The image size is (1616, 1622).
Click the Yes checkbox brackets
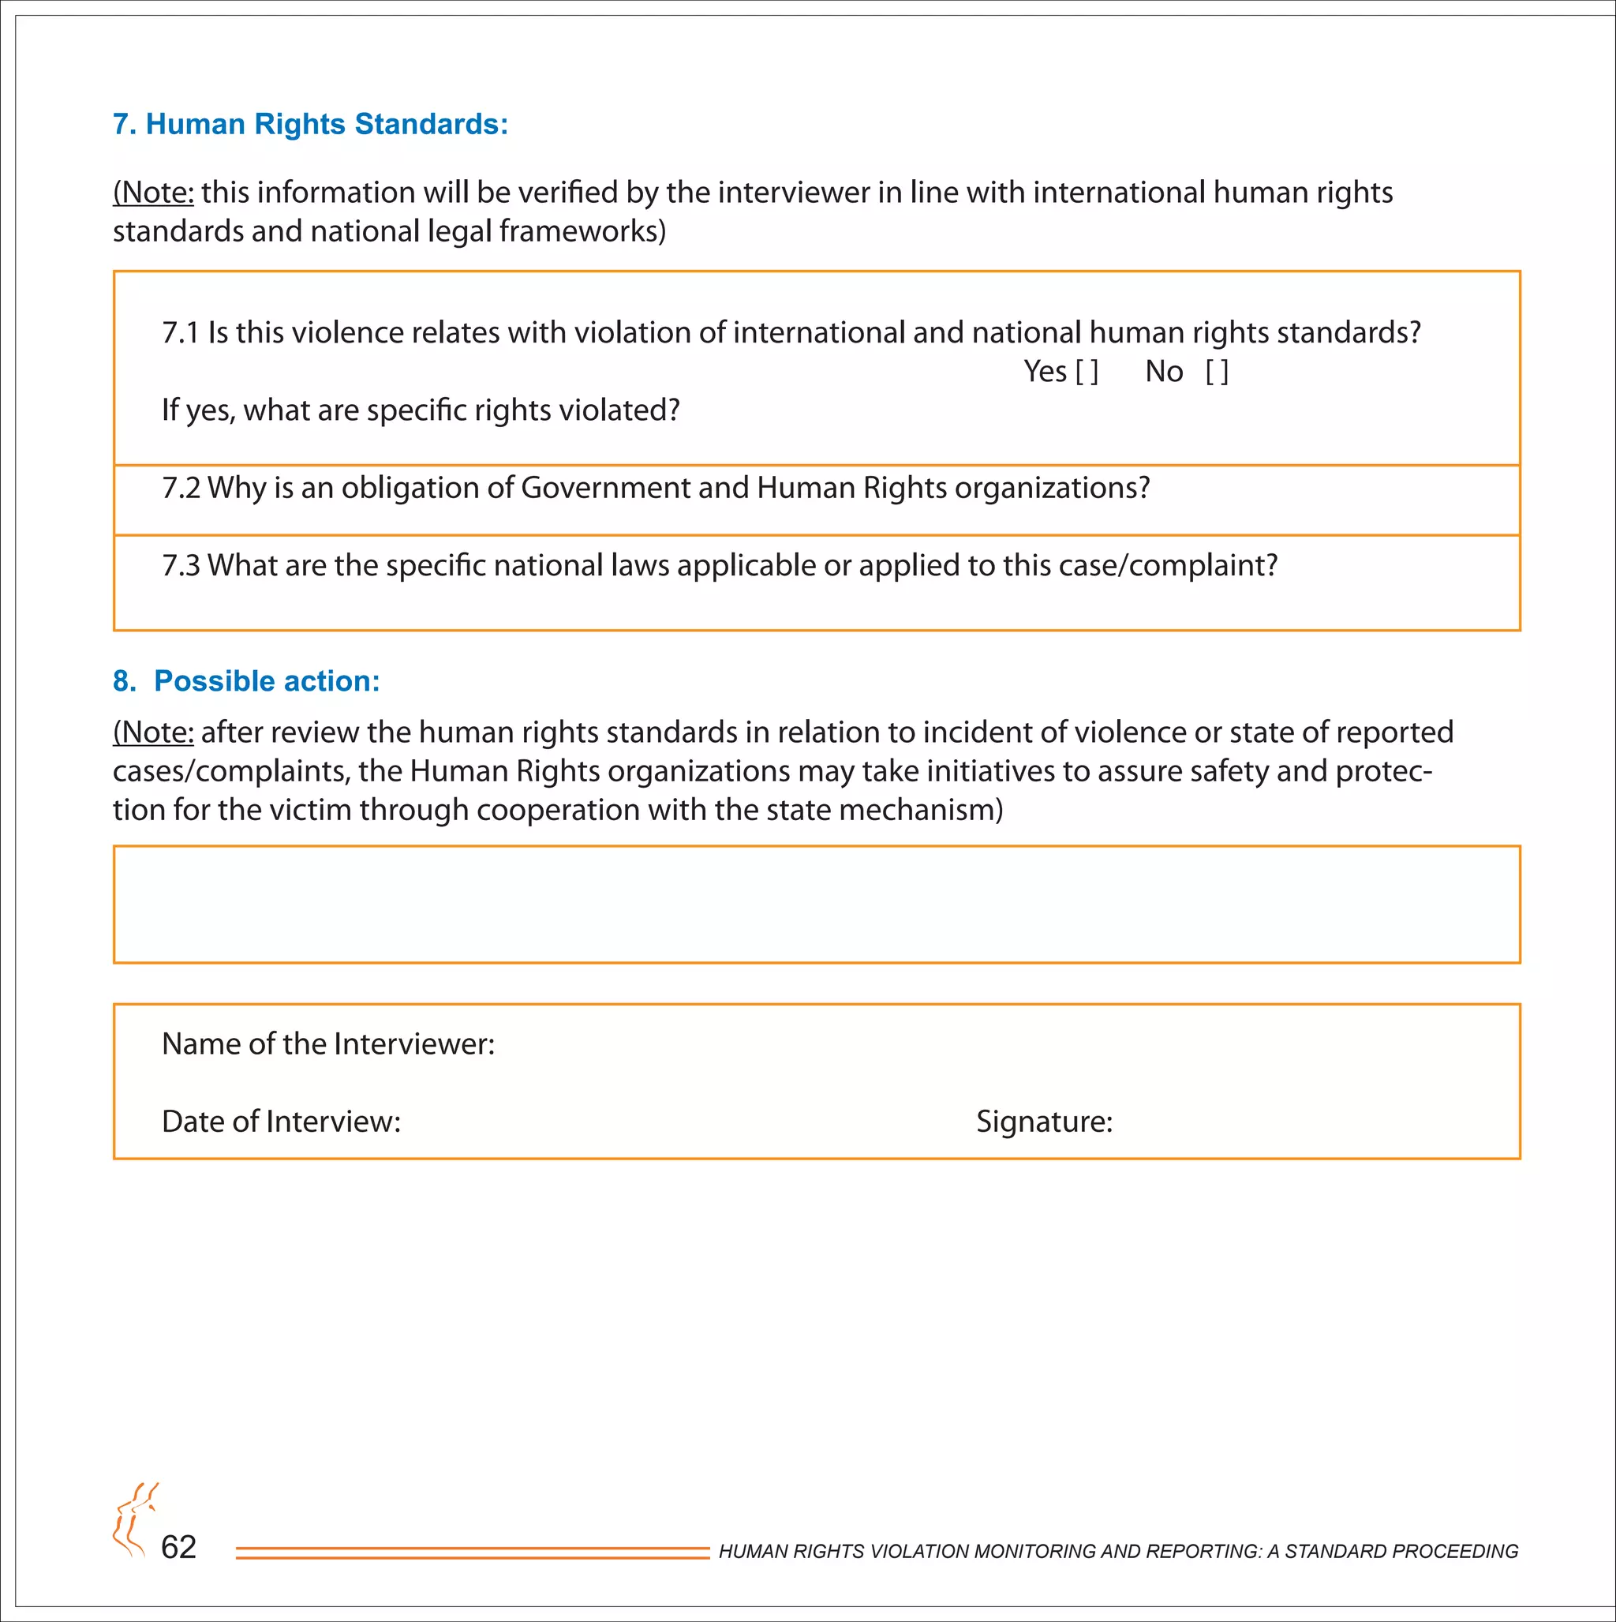coord(1087,372)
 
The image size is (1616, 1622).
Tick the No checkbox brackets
coord(1217,372)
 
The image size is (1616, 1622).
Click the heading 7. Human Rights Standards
coord(311,124)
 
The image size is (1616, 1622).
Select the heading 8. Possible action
coord(246,681)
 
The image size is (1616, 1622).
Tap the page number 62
coord(178,1546)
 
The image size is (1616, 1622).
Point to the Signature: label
coord(1043,1122)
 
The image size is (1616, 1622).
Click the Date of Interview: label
coord(280,1122)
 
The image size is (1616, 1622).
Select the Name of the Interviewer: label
coord(328,1043)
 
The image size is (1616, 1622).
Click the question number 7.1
coord(180,333)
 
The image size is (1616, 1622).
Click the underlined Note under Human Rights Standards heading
coord(154,193)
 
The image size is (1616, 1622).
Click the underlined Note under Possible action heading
coord(154,733)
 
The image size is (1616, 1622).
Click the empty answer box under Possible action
coord(816,905)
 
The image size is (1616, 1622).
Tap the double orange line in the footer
coord(472,1553)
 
